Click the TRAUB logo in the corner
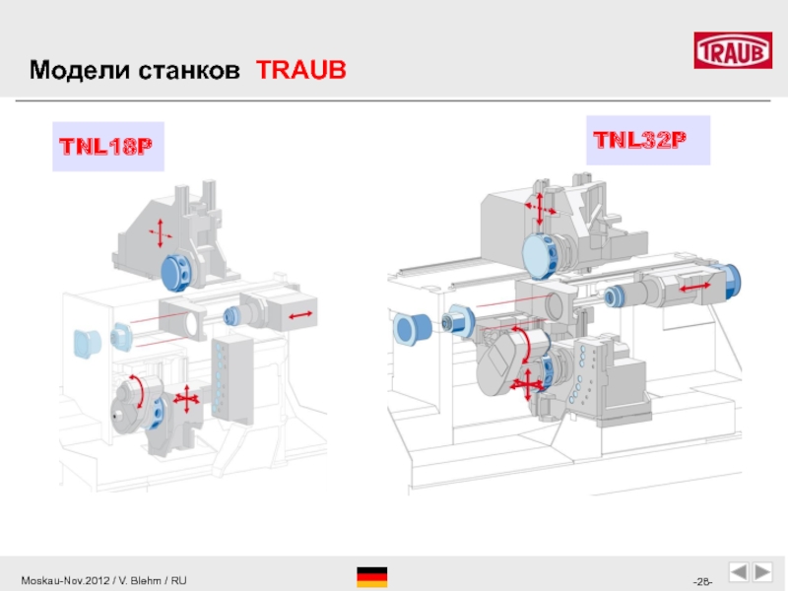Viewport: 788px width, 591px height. [733, 50]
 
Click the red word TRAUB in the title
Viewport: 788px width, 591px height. [301, 70]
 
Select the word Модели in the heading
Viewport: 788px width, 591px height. [80, 70]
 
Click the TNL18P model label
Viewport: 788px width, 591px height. [106, 146]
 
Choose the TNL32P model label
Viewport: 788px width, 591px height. [639, 140]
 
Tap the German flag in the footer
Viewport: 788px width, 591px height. [372, 577]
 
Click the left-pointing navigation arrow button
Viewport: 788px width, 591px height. [739, 572]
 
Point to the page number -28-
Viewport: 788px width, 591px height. [702, 581]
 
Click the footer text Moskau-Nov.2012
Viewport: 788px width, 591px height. [65, 580]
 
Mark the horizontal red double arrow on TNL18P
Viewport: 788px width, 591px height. [300, 315]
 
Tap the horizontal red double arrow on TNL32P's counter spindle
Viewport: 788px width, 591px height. [695, 287]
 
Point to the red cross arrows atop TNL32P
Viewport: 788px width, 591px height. [540, 208]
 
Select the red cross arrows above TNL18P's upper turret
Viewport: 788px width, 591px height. [161, 233]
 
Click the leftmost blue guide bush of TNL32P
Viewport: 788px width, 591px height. [412, 329]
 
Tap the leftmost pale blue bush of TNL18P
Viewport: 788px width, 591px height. [87, 344]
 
